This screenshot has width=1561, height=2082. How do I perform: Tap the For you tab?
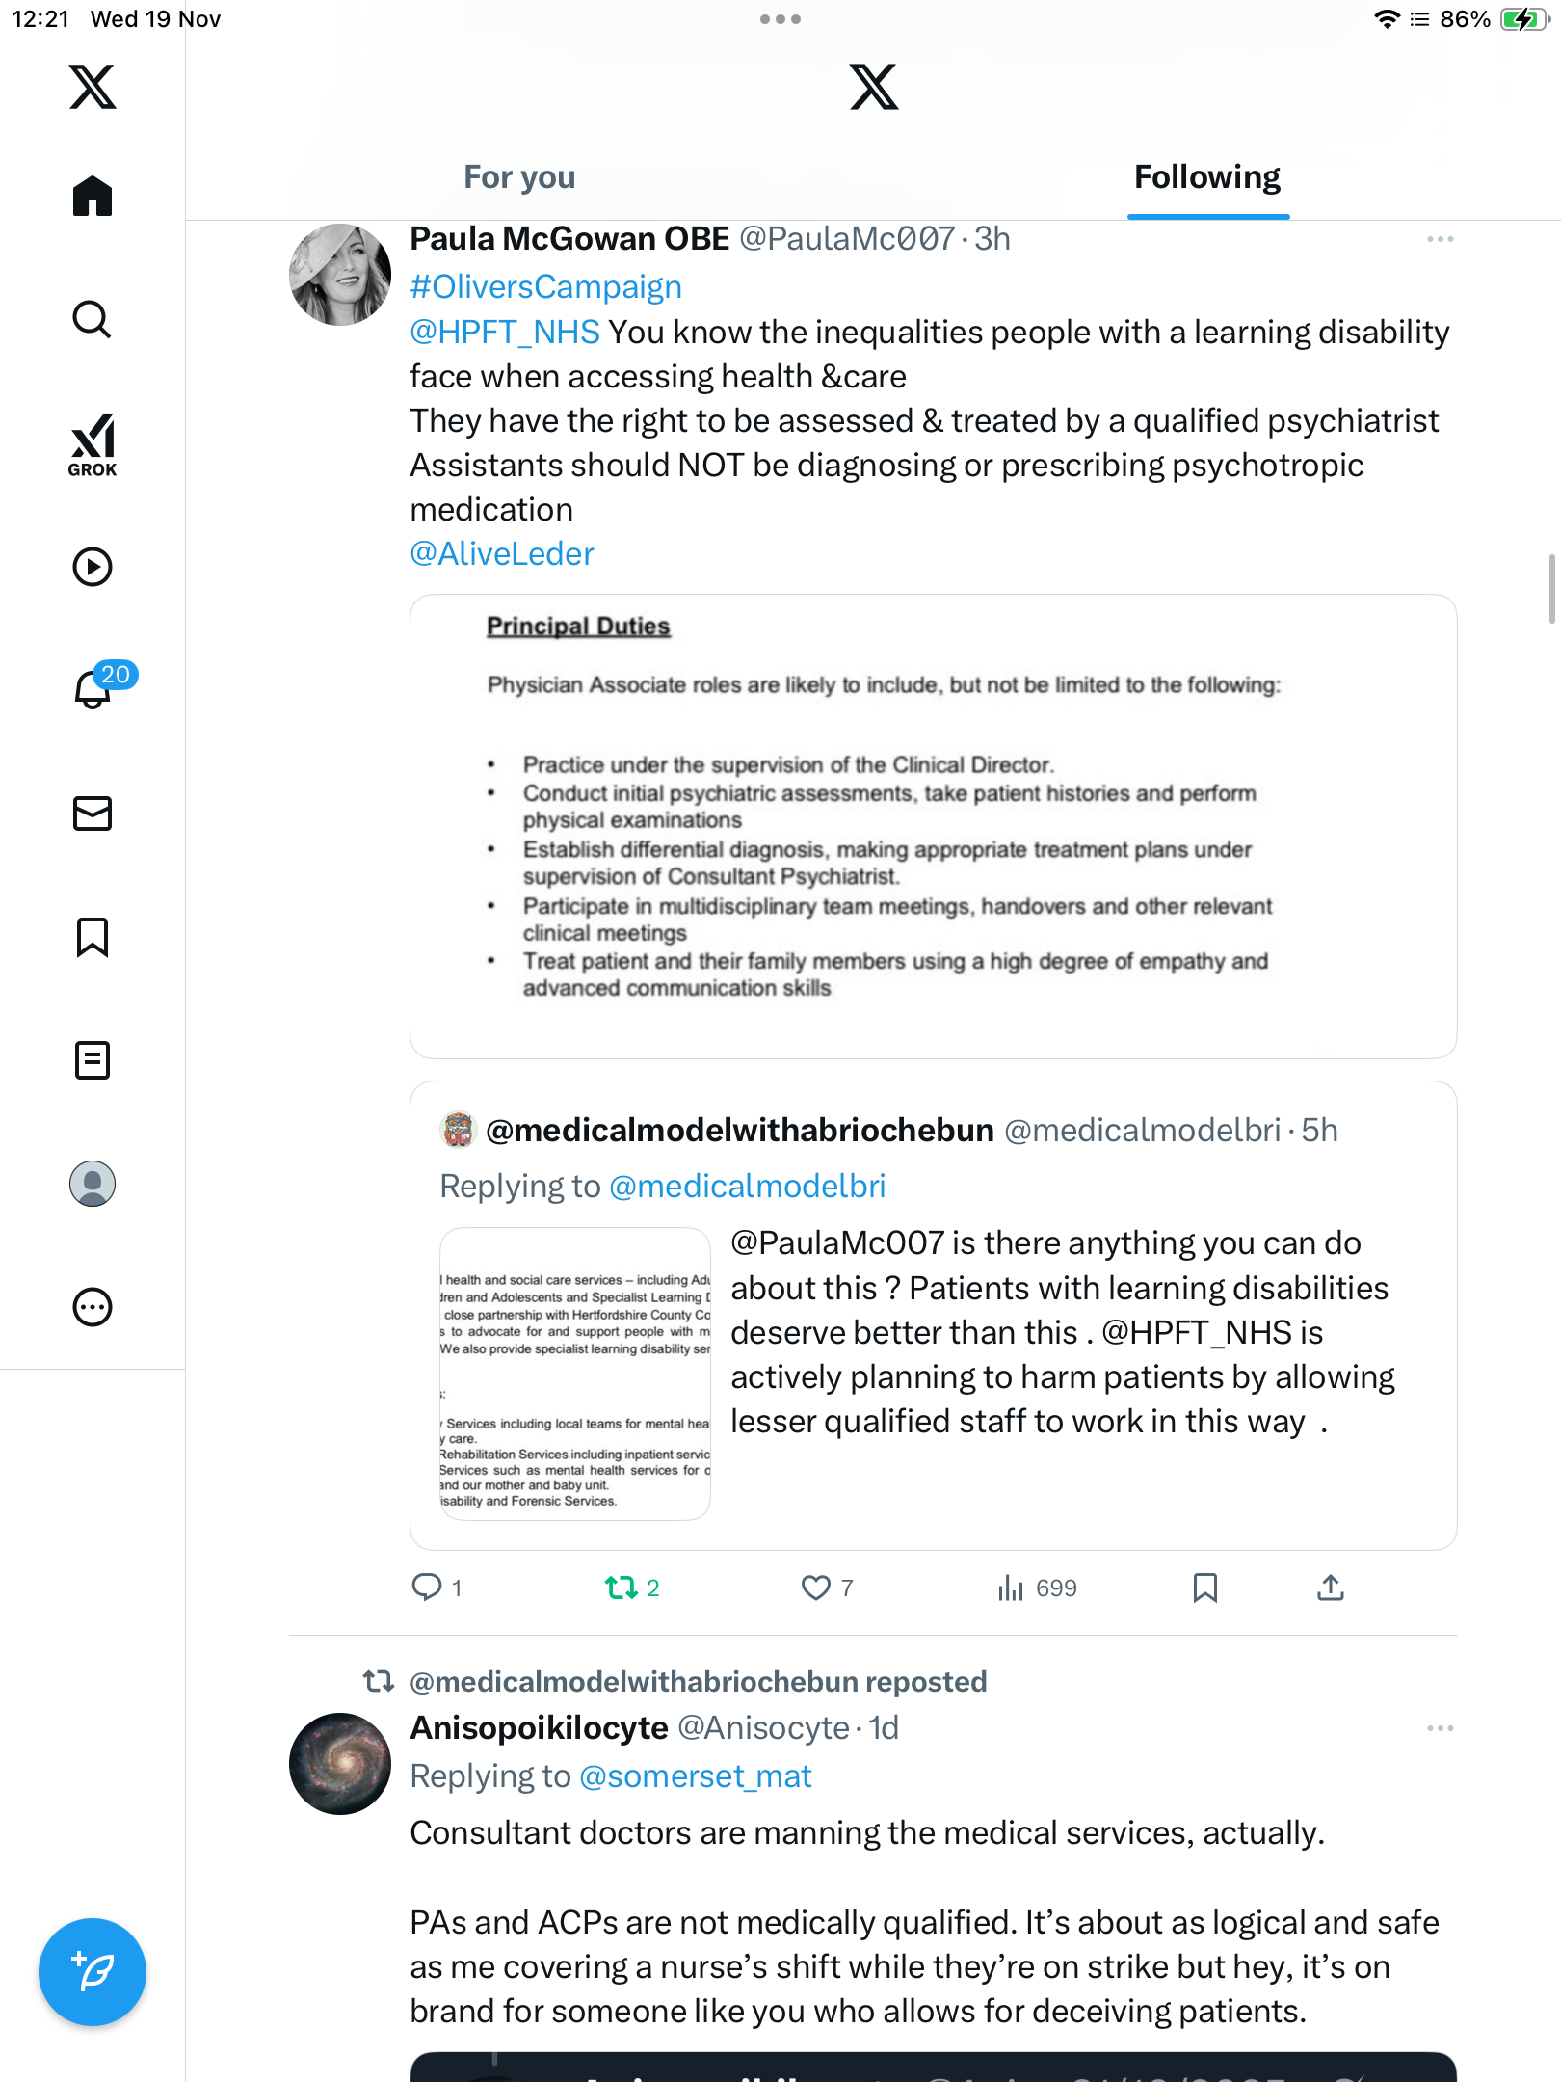point(519,177)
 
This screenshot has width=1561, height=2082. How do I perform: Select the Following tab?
point(1206,177)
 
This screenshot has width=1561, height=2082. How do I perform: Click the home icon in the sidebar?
point(93,196)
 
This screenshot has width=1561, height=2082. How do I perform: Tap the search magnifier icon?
point(93,319)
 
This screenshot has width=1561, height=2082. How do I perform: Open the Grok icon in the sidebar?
point(93,444)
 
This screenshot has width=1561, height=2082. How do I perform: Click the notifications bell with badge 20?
point(93,688)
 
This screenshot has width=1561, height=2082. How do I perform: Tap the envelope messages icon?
point(93,814)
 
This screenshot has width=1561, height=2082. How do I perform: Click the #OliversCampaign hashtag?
point(545,287)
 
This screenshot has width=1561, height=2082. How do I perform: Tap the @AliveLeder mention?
point(501,554)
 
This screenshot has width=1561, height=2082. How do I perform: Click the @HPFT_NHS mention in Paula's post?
point(505,333)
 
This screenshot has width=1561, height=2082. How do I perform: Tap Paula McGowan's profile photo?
point(340,276)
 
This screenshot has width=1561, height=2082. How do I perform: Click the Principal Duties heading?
point(577,627)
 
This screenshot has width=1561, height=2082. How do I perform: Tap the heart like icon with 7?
point(815,1588)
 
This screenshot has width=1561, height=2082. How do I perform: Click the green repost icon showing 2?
point(621,1588)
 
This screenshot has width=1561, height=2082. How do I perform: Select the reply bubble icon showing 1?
point(426,1587)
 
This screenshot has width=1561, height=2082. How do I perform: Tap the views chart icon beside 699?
point(1010,1588)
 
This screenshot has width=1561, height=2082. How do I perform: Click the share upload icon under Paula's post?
point(1330,1588)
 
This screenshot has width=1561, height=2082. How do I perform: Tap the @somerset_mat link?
point(695,1776)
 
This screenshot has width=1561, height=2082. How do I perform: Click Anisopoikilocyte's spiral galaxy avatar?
point(340,1764)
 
